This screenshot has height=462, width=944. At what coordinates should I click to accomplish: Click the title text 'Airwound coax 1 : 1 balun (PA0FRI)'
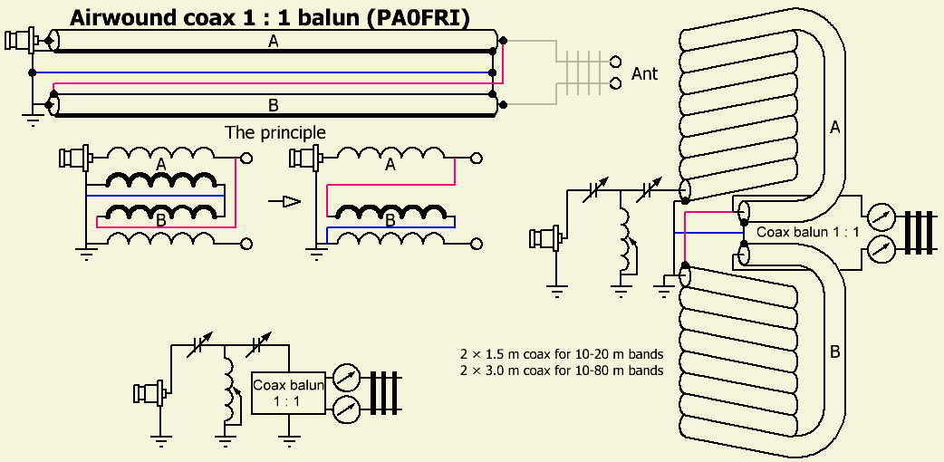click(x=269, y=18)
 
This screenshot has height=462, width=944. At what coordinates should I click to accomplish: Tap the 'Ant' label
click(x=644, y=74)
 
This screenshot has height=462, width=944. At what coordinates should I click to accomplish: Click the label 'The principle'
click(x=275, y=132)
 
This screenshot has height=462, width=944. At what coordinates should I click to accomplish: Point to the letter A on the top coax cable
click(x=274, y=41)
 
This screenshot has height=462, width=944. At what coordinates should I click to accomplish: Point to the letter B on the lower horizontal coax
click(x=274, y=102)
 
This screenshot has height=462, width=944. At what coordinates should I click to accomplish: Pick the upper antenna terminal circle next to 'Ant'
click(x=616, y=63)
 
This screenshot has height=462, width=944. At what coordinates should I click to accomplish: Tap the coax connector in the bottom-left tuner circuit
click(x=149, y=394)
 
